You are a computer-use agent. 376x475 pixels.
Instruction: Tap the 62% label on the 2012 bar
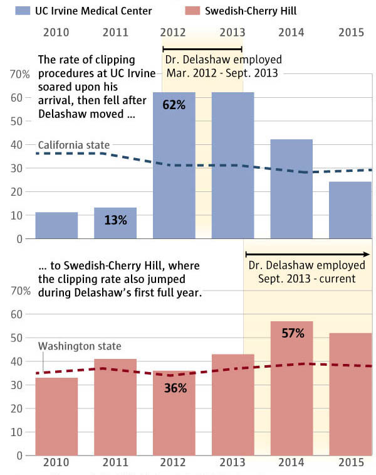point(174,105)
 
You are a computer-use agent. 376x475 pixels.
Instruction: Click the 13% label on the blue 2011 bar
point(115,220)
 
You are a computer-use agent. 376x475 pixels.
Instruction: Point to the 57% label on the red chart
point(293,333)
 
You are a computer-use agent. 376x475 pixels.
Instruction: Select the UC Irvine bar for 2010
point(56,226)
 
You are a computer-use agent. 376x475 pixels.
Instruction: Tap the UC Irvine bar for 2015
point(350,211)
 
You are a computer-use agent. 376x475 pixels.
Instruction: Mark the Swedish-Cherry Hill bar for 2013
point(232,405)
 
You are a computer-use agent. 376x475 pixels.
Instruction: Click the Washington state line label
point(80,346)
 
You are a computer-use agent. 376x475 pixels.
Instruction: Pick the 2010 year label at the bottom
point(56,462)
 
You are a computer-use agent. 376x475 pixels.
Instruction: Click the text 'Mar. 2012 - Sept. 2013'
point(223,72)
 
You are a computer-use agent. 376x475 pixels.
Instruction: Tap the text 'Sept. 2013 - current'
point(306,278)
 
